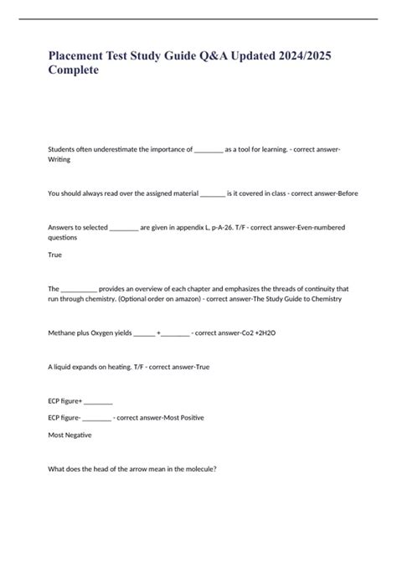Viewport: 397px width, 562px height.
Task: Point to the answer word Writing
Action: pos(59,158)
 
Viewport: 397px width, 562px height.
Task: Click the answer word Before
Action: pos(344,193)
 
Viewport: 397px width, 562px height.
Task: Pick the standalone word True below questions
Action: pos(55,255)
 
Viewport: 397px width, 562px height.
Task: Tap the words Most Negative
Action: pos(70,435)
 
